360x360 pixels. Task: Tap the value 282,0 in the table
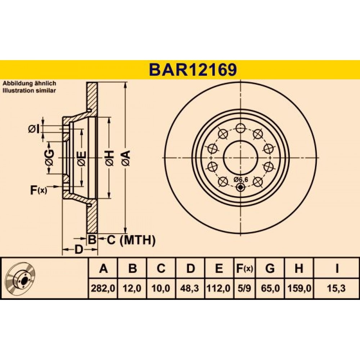click(x=103, y=288)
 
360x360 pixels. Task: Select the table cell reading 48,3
click(x=190, y=288)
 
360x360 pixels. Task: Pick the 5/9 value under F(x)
click(x=244, y=288)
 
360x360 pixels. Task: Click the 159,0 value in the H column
click(x=299, y=288)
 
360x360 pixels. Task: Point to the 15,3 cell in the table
click(x=337, y=288)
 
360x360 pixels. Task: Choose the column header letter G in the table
click(x=270, y=268)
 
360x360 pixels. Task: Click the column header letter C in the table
click(x=161, y=268)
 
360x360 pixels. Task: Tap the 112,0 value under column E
click(x=219, y=288)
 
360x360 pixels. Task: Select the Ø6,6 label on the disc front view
click(x=241, y=180)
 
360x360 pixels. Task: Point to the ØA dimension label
click(x=126, y=158)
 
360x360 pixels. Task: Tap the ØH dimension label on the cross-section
click(x=109, y=158)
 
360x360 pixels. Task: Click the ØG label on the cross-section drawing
click(x=49, y=158)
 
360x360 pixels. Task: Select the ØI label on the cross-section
click(x=33, y=129)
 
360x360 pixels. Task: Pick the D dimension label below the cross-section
click(x=79, y=249)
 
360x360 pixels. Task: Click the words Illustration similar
click(x=29, y=91)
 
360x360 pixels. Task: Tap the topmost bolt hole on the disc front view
click(x=240, y=128)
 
